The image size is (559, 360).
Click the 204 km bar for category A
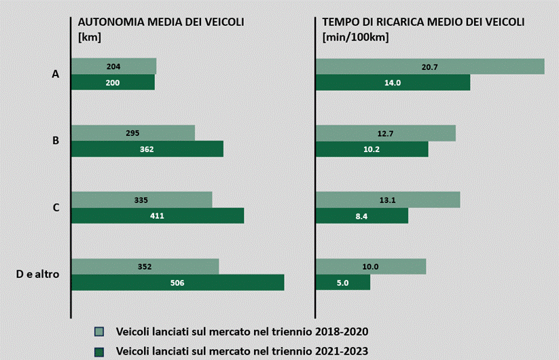coord(113,66)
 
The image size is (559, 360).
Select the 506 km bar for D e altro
coord(177,283)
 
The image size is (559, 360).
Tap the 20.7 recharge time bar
coord(430,66)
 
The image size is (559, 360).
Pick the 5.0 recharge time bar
coord(343,283)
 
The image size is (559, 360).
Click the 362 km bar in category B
coord(147,149)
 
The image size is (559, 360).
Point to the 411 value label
coord(157,216)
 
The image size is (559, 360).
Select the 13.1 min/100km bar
coord(388,200)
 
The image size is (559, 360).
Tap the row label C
coord(56,207)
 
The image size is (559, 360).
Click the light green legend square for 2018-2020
coord(100,331)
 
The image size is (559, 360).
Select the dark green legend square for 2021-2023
coord(100,351)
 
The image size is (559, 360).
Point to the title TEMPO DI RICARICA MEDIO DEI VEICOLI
coord(423,22)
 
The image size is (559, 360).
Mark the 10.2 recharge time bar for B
coord(372,149)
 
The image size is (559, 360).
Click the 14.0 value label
coord(393,82)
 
